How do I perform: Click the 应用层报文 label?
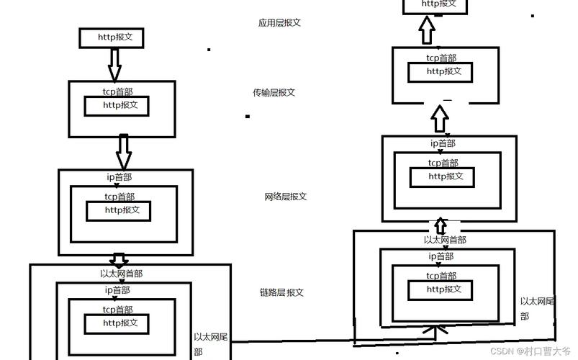pyautogui.click(x=279, y=23)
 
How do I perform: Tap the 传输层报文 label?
pyautogui.click(x=274, y=93)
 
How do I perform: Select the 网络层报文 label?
pyautogui.click(x=286, y=197)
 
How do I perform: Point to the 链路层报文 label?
pyautogui.click(x=281, y=292)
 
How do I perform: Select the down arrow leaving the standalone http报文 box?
pyautogui.click(x=114, y=63)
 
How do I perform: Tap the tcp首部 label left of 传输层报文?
pyautogui.click(x=117, y=92)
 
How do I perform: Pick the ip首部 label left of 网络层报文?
pyautogui.click(x=118, y=176)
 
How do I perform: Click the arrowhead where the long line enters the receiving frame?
pyautogui.click(x=433, y=330)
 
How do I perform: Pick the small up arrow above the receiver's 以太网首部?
pyautogui.click(x=441, y=225)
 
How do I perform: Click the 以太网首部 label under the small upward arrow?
pyautogui.click(x=445, y=240)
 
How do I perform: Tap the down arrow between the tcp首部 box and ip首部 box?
pyautogui.click(x=123, y=151)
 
